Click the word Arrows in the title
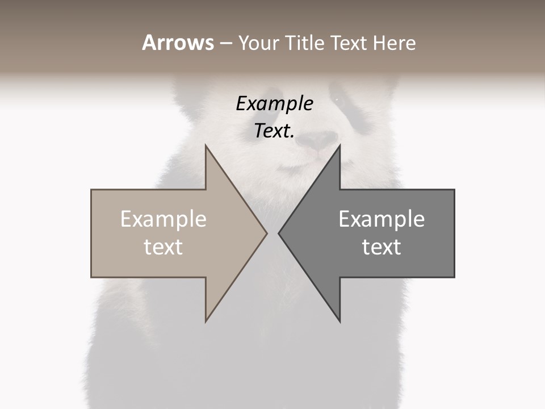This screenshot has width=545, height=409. [x=178, y=43]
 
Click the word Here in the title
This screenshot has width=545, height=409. [x=394, y=43]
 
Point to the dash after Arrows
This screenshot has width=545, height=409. [x=225, y=43]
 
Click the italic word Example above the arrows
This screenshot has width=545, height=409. [x=274, y=104]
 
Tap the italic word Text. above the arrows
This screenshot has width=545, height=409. [x=274, y=131]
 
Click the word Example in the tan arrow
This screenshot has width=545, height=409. [x=163, y=219]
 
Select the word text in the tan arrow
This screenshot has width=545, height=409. [x=163, y=247]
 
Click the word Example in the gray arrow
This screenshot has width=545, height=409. [x=381, y=219]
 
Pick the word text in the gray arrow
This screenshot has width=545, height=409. [x=381, y=247]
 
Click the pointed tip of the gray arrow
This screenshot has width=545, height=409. [x=280, y=233]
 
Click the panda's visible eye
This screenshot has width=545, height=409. [x=339, y=100]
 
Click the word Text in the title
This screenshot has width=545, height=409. [x=349, y=43]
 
